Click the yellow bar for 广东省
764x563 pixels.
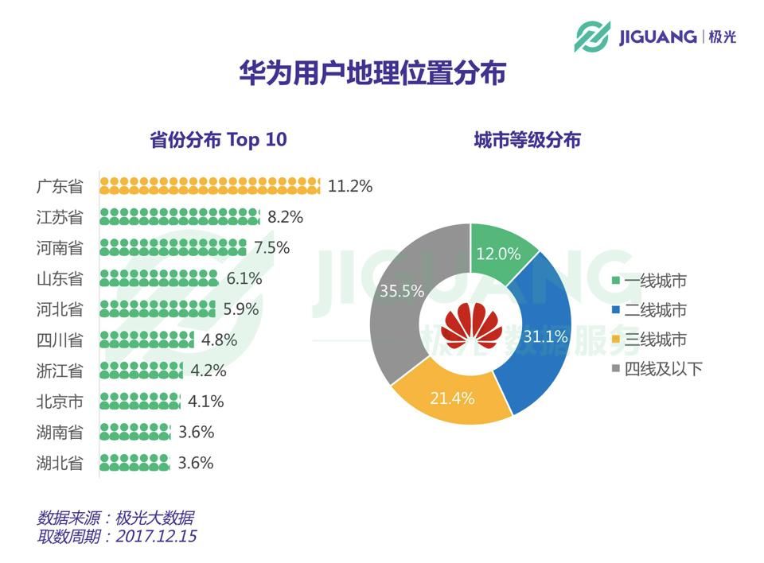coord(210,185)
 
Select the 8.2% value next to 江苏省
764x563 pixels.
coord(286,217)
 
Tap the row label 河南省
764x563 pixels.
coord(60,248)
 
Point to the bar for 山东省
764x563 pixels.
coord(159,278)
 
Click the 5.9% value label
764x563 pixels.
coord(241,309)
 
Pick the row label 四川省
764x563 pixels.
coord(60,340)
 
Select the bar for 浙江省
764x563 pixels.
coord(142,370)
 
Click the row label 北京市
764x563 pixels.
coord(60,402)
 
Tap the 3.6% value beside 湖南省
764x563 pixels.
coord(197,432)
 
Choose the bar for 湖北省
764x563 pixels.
coord(135,462)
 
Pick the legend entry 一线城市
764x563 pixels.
coord(649,281)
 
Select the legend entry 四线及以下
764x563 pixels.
coord(657,369)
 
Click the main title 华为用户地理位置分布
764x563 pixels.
coord(372,73)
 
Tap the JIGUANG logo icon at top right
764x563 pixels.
coord(591,37)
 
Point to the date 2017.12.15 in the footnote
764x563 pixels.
coord(157,536)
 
